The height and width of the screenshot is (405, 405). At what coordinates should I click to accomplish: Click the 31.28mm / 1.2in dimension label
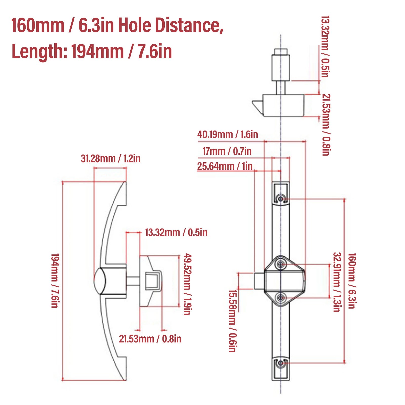click(111, 159)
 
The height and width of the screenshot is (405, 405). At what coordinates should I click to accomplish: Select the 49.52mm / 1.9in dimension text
click(187, 284)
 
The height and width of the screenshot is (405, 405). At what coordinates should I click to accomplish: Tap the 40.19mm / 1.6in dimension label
click(228, 134)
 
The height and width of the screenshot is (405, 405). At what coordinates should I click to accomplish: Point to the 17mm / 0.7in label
click(227, 151)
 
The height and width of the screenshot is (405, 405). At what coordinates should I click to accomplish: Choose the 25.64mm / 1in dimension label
click(225, 166)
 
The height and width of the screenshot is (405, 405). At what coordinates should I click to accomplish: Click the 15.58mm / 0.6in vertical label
click(233, 321)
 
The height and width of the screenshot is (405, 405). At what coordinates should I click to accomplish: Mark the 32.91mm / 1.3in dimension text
click(337, 282)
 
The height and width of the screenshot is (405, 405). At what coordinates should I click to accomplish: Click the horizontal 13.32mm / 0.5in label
click(176, 232)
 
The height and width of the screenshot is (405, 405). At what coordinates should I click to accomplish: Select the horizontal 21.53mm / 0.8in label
click(150, 339)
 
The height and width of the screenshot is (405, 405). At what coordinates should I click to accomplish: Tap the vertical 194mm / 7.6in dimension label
click(55, 280)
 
